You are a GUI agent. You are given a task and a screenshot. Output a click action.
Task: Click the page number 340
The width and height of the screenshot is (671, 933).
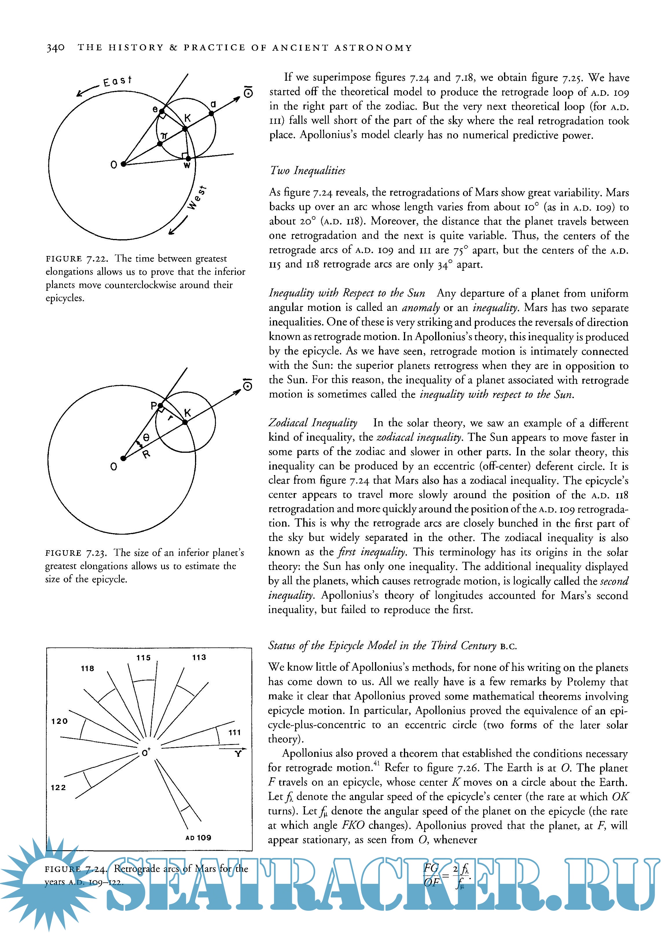point(55,48)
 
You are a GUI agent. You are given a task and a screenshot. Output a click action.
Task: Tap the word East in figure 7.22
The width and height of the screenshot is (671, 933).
point(117,81)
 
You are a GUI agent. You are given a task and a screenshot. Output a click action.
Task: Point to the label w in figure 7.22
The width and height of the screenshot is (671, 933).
point(187,165)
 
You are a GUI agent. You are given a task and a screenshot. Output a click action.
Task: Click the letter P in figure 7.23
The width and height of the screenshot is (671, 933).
point(153,406)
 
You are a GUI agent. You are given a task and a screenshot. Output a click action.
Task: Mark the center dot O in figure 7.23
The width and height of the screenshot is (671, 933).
point(123,458)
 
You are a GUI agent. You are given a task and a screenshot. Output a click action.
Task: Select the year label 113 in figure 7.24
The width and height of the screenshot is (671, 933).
point(199,657)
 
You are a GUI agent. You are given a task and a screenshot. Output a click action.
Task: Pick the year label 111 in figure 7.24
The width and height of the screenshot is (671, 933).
point(234,732)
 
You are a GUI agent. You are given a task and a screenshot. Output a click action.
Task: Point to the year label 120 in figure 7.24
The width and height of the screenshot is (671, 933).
point(60,721)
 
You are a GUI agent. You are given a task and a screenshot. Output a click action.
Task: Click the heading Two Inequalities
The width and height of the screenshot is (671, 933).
point(307,170)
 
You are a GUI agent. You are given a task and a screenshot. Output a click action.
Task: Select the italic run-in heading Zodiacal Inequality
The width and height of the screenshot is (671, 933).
point(313,423)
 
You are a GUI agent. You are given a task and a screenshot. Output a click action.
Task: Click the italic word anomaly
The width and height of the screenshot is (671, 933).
point(421,308)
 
